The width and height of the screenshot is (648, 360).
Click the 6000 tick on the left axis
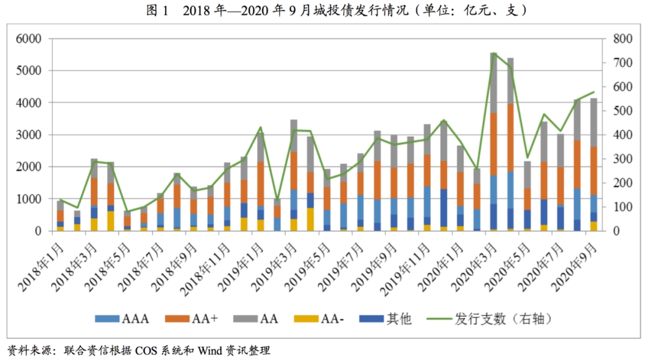pos(28,39)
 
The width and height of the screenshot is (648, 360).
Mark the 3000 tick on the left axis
pos(28,135)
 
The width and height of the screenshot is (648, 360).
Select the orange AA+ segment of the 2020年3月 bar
pos(493,144)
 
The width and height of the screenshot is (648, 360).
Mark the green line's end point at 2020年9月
pos(594,92)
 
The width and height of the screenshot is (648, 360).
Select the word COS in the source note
pos(148,350)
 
